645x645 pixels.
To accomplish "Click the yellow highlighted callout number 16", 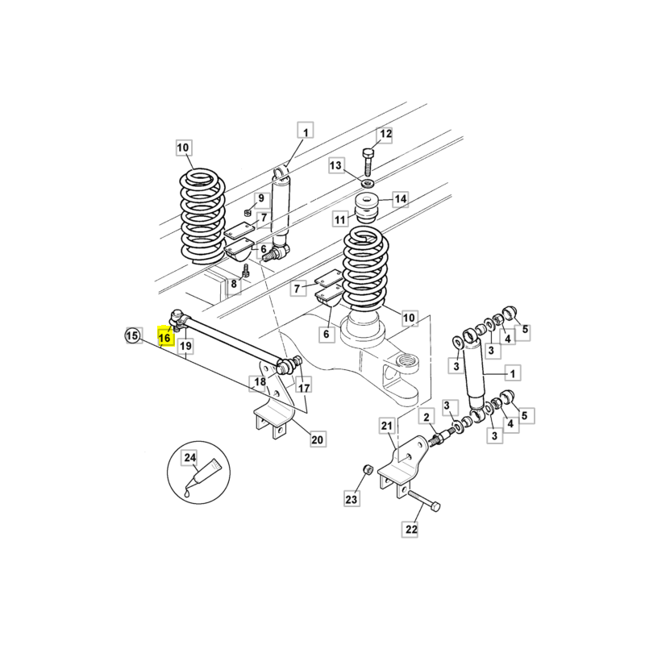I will coord(165,338).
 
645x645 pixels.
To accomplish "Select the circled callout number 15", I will coord(132,335).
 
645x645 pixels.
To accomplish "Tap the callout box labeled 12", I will coord(385,135).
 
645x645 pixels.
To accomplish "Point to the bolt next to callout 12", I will coord(368,161).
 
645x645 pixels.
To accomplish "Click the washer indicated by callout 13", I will coord(367,184).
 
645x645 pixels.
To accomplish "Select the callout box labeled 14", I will coord(400,198).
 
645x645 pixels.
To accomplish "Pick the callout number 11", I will coord(341,218).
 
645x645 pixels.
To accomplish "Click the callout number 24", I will coord(190,459).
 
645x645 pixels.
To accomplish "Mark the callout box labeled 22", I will coord(411,530).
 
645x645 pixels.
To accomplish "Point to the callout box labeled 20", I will coord(317,439).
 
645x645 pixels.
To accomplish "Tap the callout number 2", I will coord(425,416).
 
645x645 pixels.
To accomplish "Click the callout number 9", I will coord(260,198).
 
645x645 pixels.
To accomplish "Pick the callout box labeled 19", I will coord(185,347).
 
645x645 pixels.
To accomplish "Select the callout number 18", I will coord(260,382).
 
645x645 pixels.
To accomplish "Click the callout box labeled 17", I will coord(302,388).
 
